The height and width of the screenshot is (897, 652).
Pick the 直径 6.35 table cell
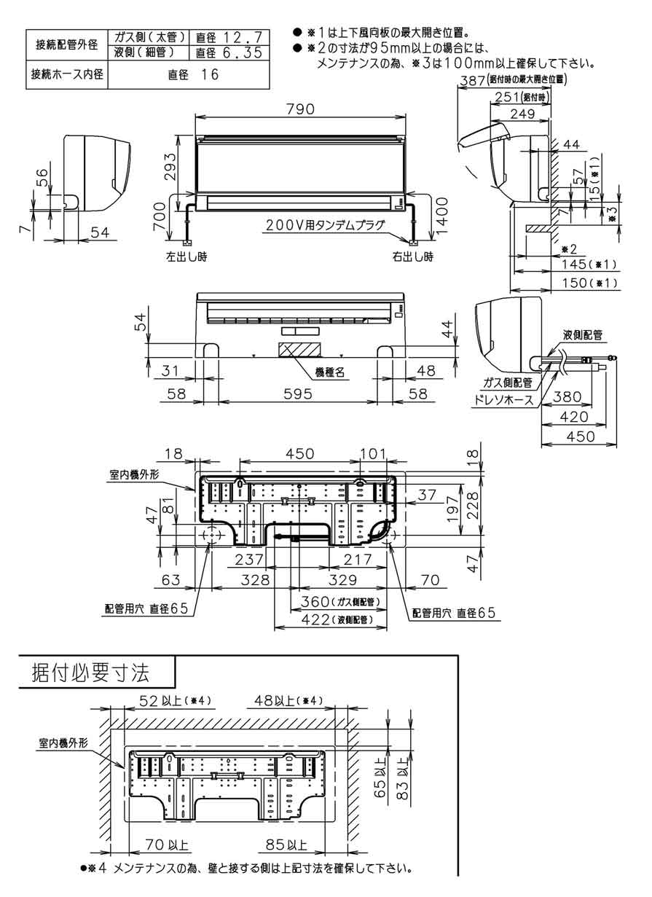(x=228, y=53)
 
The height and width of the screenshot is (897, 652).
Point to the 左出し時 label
(x=186, y=256)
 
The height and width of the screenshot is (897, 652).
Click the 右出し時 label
(x=413, y=256)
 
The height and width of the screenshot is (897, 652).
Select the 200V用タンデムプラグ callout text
(x=325, y=226)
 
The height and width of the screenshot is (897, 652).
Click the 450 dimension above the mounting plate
(x=299, y=454)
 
